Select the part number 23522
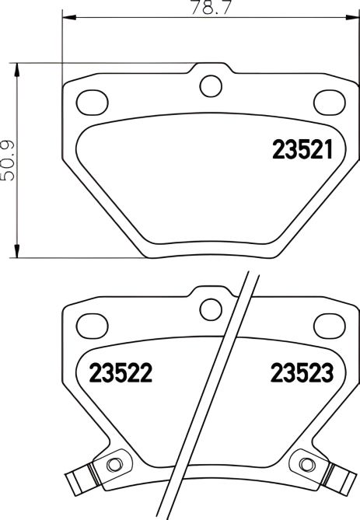(119, 374)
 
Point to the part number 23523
(302, 374)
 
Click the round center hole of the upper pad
(209, 86)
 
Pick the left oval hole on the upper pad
(93, 100)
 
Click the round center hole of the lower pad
(210, 308)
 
